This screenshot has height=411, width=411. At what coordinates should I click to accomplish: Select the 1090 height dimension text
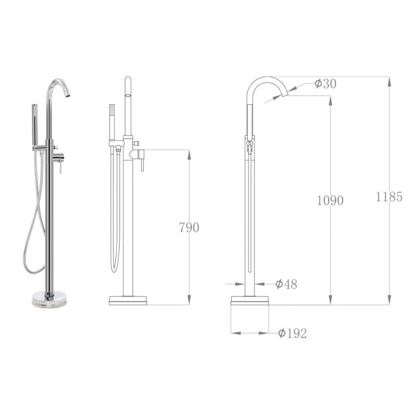pyautogui.click(x=330, y=200)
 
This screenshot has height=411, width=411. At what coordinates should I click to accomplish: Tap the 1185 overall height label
pyautogui.click(x=389, y=197)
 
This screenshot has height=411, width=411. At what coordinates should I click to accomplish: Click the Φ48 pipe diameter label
pyautogui.click(x=286, y=284)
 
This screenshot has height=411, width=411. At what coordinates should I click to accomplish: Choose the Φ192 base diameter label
pyautogui.click(x=292, y=333)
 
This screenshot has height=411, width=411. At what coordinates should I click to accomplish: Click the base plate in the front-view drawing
pyautogui.click(x=128, y=301)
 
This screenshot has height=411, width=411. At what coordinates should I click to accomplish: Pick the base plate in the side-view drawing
pyautogui.click(x=250, y=301)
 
